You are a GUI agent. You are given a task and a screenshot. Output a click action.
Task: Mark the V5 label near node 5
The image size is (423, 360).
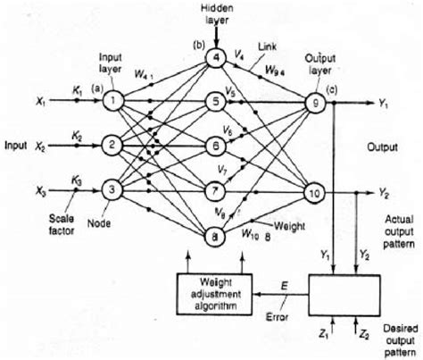coord(231,91)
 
